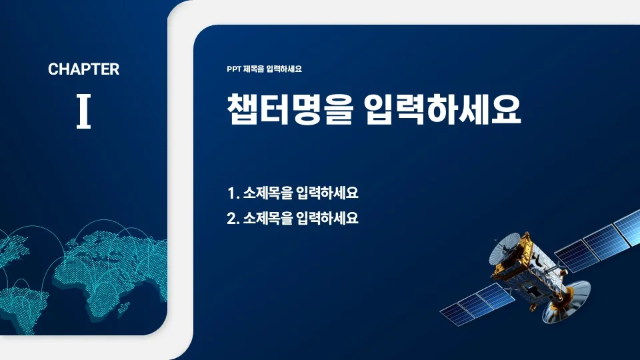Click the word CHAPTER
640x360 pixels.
tap(83, 69)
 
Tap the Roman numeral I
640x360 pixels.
tap(83, 111)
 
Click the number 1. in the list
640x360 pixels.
tap(233, 194)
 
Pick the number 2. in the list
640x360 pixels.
tap(233, 218)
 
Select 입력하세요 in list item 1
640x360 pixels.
tap(329, 194)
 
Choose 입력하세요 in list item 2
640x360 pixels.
tap(329, 218)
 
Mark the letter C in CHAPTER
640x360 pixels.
tap(53, 69)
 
